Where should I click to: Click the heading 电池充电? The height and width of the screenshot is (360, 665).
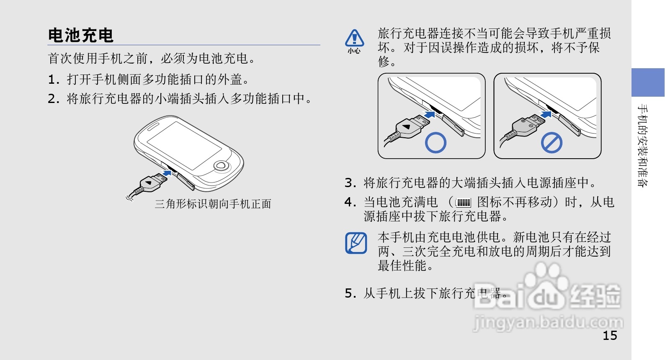coord(80,35)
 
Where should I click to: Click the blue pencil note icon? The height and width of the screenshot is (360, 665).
coord(356,243)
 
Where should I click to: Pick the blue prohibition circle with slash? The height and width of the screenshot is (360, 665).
coord(551,143)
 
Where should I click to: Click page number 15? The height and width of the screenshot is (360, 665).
coord(610,336)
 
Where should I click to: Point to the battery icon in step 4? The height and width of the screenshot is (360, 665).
coord(464,203)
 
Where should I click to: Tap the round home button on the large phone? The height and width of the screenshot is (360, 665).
coord(220,166)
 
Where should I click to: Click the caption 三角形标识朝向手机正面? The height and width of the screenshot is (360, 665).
coord(213,204)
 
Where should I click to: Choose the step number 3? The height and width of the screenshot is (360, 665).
coord(351,183)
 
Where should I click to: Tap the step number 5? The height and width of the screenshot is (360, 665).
coord(351,293)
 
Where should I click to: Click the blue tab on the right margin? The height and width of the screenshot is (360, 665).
coord(648,82)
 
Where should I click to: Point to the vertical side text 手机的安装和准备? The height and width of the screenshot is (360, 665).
coord(643,145)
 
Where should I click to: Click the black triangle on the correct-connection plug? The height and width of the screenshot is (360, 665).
coord(406,127)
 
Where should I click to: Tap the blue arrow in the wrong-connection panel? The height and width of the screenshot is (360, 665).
coord(546,114)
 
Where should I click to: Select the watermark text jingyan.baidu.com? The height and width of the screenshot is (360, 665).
coord(548,322)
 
